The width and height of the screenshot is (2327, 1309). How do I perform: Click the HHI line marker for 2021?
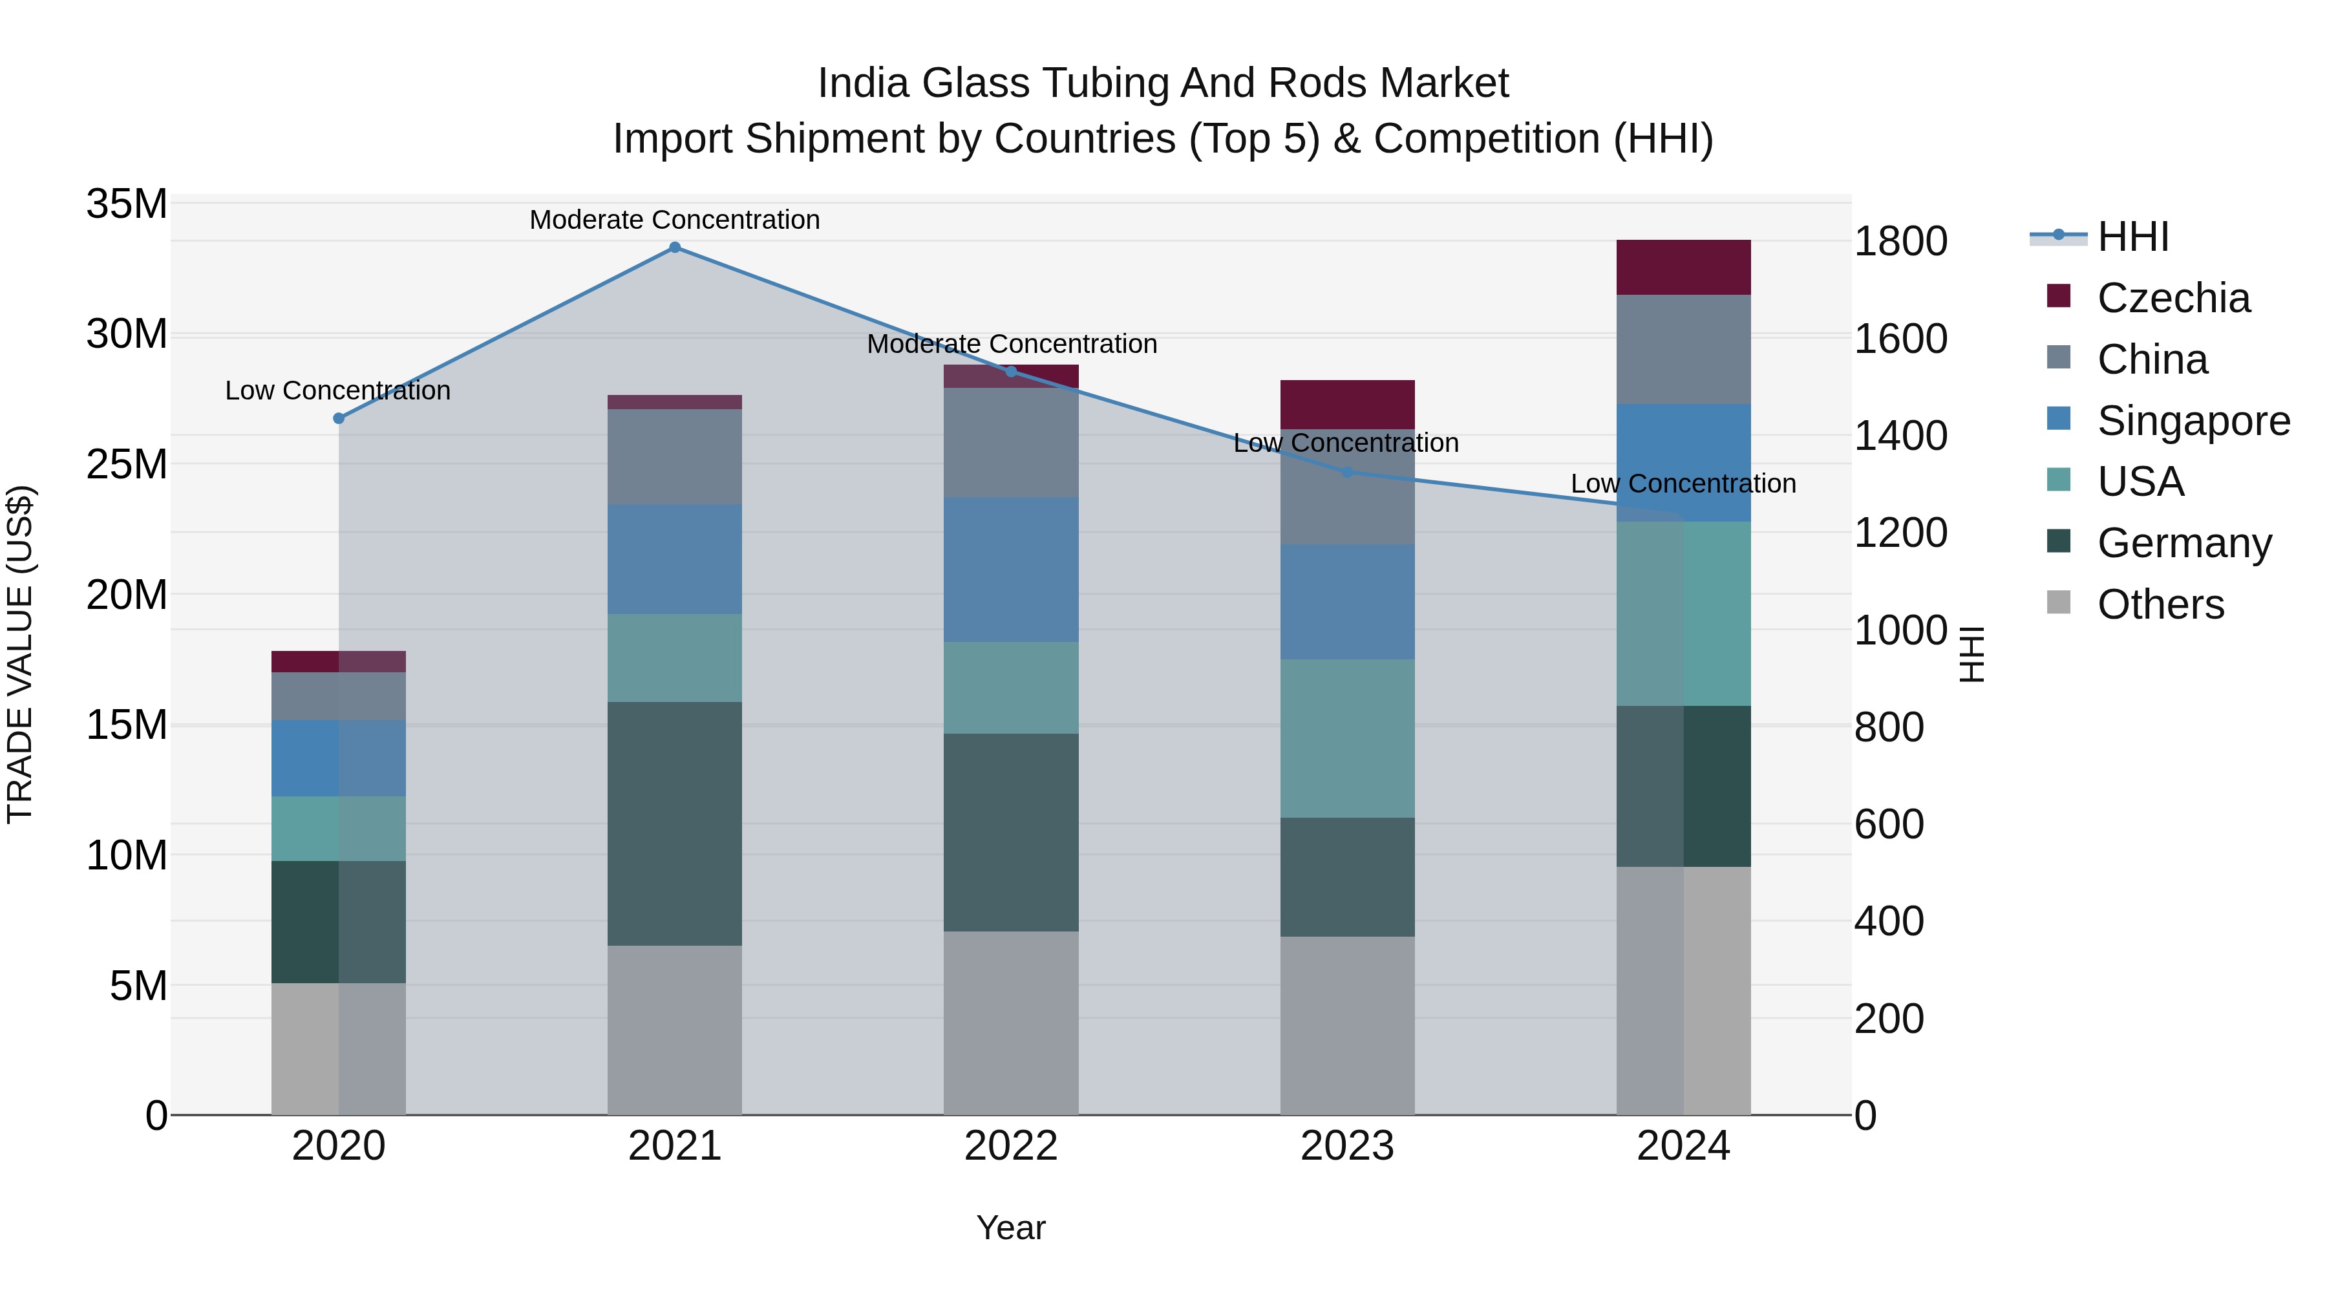point(674,248)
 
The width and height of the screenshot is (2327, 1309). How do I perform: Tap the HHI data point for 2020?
point(339,418)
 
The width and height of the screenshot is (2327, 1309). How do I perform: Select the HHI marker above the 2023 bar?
point(1347,473)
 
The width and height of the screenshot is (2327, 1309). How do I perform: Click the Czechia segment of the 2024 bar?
point(1683,268)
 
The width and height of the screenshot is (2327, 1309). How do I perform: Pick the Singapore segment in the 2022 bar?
point(1011,569)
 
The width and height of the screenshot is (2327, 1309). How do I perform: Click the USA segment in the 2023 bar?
point(1347,738)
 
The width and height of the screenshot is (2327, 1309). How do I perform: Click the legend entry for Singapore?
point(2193,421)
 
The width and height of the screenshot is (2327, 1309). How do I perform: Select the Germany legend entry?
point(2184,544)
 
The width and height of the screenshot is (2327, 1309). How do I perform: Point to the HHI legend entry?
point(2132,237)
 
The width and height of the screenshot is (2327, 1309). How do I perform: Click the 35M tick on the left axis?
point(127,204)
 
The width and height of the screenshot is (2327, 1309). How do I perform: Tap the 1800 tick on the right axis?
point(1900,242)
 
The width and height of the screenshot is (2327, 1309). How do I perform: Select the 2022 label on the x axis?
point(1011,1146)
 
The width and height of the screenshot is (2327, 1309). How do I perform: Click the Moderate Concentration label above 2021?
point(674,220)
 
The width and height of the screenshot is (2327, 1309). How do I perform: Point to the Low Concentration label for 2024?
point(1683,484)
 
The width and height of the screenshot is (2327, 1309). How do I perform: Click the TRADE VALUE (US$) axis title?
point(20,654)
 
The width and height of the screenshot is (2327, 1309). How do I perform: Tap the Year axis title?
point(1011,1228)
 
